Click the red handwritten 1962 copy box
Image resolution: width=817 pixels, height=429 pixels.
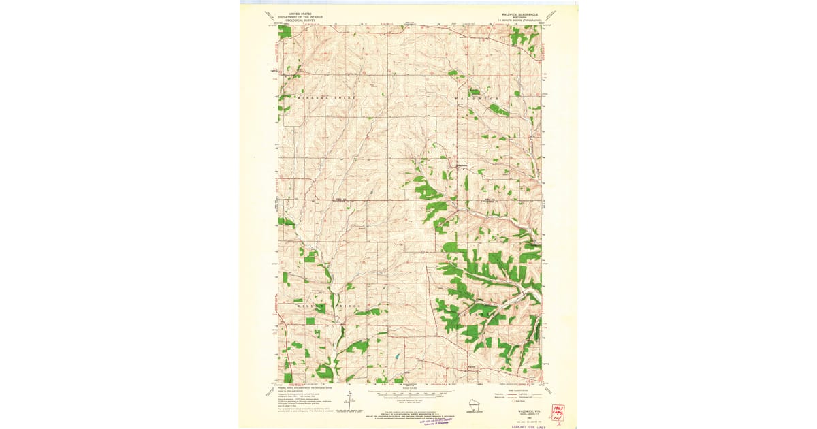[558, 413]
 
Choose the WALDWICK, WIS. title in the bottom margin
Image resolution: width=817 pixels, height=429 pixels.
[521, 411]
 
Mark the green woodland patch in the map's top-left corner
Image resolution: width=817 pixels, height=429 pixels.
[285, 31]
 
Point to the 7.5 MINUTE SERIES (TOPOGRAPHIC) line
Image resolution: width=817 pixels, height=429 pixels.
[518, 21]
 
